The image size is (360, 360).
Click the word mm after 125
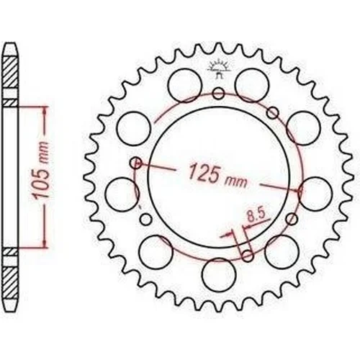(235, 182)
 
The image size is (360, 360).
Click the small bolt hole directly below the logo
(219, 94)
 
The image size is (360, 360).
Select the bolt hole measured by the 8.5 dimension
(248, 256)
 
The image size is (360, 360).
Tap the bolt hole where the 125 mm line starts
(136, 163)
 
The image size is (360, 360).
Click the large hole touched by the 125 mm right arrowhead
(315, 194)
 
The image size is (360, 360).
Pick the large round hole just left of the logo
(185, 86)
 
